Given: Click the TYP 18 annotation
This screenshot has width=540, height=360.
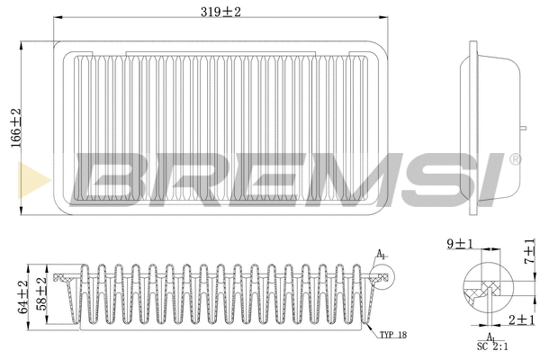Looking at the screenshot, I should pyautogui.click(x=392, y=334).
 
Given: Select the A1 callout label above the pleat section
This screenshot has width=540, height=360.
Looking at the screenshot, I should pyautogui.click(x=381, y=255).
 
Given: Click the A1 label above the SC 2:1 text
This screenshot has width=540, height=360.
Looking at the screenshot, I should pyautogui.click(x=491, y=335).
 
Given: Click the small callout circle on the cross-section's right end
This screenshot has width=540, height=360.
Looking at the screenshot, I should pyautogui.click(x=377, y=277).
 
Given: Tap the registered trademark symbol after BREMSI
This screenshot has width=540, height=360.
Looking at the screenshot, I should pyautogui.click(x=515, y=158).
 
